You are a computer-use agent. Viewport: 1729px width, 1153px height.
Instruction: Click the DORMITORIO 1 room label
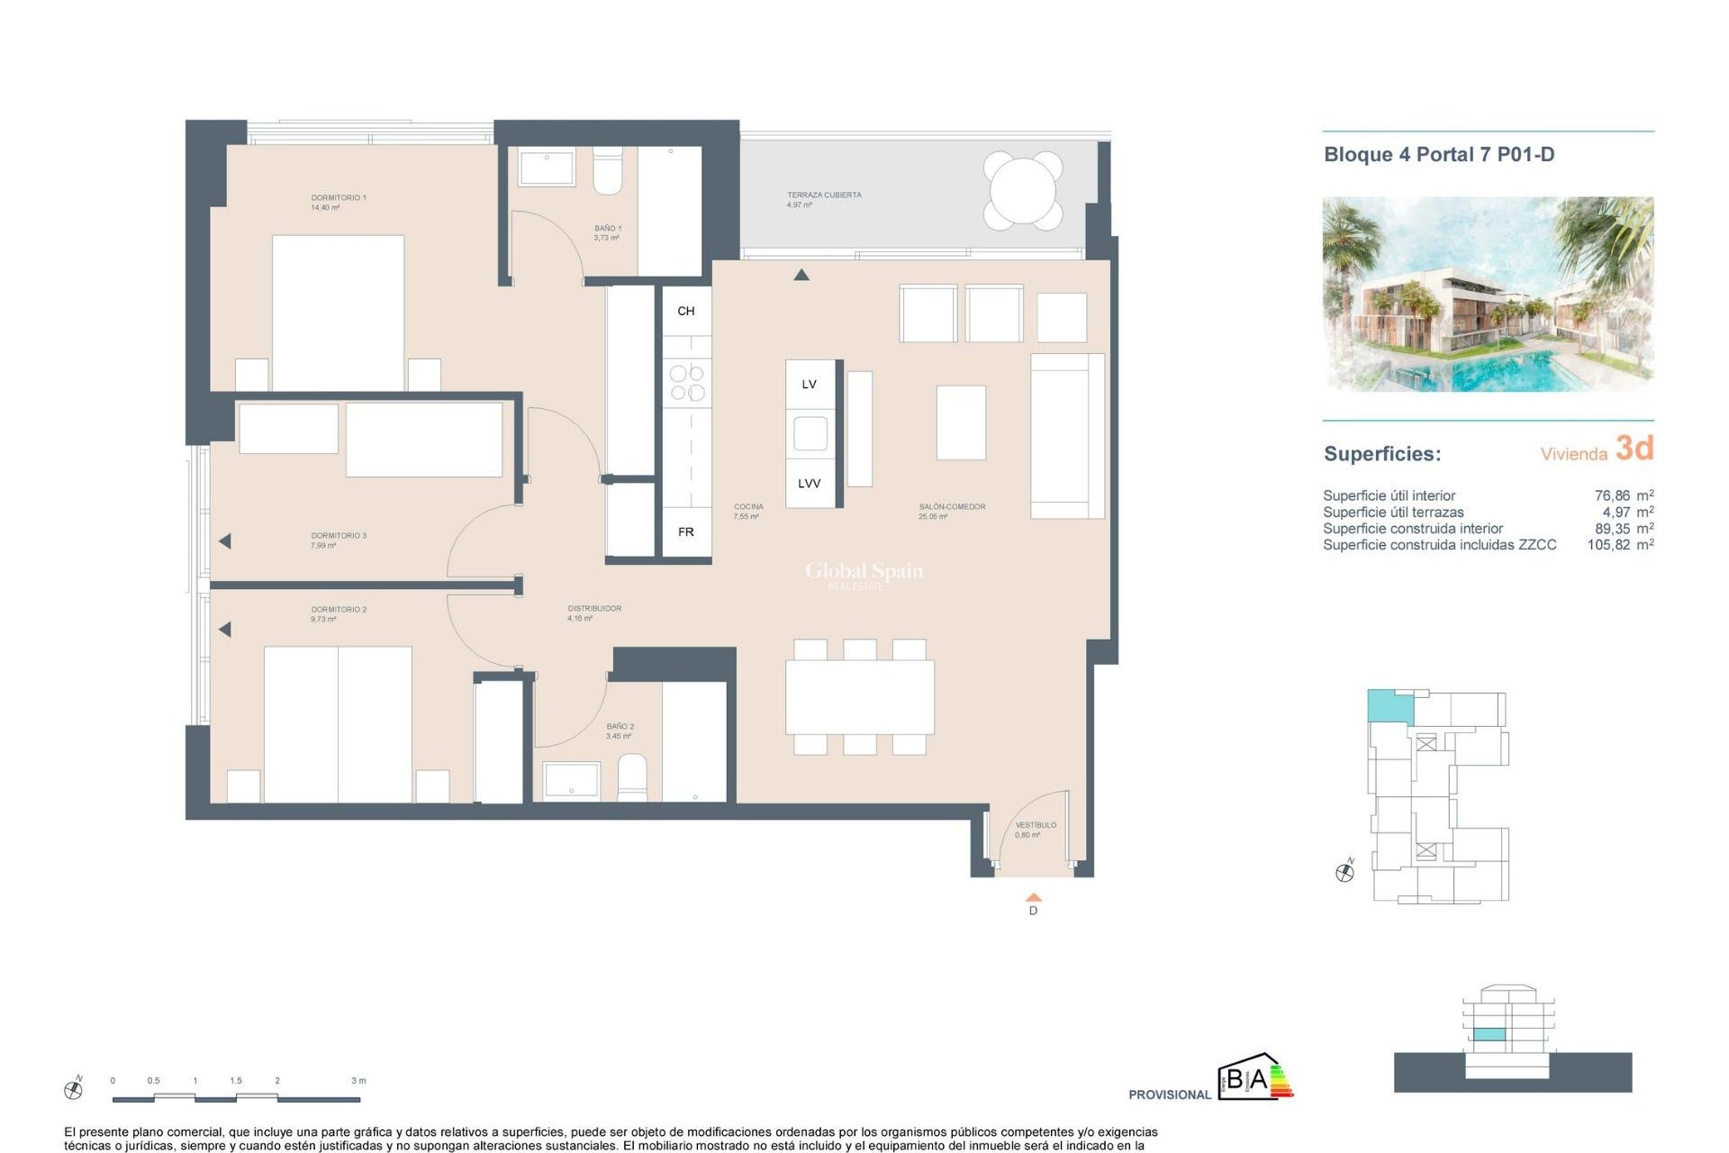(x=338, y=197)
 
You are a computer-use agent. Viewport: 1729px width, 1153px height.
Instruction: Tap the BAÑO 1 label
(x=607, y=229)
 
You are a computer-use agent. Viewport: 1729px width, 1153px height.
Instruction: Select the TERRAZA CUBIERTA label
(x=823, y=195)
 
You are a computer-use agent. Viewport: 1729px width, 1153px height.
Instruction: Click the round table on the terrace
(x=1022, y=190)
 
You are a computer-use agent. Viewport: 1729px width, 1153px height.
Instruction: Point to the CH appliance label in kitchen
(x=685, y=311)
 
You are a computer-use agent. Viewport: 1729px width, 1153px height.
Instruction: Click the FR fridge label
(x=685, y=532)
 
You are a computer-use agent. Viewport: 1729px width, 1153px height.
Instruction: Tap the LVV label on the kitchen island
(x=809, y=484)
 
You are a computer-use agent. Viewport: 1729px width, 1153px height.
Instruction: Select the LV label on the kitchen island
(x=809, y=385)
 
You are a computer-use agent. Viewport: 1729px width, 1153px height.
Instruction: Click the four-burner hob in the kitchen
(x=687, y=382)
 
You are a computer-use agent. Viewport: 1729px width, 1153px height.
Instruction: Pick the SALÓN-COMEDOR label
(x=951, y=507)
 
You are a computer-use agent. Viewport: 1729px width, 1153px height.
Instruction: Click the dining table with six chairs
(x=859, y=697)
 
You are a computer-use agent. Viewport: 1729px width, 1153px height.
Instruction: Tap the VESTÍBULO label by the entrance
(x=1035, y=825)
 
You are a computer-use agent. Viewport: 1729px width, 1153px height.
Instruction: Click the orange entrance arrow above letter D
(x=1033, y=897)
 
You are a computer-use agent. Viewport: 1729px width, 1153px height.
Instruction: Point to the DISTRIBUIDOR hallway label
(x=593, y=609)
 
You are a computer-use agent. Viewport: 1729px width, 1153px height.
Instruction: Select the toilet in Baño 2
(x=632, y=777)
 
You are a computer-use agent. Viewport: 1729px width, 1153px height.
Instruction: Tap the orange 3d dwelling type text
(x=1634, y=448)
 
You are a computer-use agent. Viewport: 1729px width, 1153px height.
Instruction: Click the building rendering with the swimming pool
(x=1487, y=295)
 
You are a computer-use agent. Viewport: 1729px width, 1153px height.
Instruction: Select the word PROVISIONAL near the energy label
(x=1169, y=1094)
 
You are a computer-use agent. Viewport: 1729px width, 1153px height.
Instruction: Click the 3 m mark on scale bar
(x=358, y=1081)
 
